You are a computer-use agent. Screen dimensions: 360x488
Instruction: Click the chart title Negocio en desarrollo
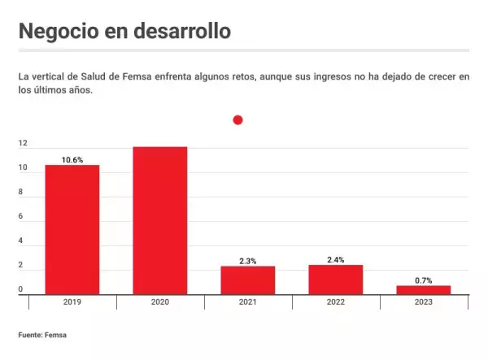coord(124,31)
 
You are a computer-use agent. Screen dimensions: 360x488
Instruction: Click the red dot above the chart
coord(237,120)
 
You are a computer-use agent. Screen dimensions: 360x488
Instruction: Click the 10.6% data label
coord(72,159)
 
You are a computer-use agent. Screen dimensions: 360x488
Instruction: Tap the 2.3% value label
coord(248,261)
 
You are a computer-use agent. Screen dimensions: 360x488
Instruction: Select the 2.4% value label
coord(336,260)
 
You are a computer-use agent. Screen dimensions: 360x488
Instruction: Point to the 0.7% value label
coord(423,280)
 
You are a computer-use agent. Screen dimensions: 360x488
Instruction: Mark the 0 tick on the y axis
coord(21,290)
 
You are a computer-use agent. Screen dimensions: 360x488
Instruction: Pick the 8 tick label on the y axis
coord(21,193)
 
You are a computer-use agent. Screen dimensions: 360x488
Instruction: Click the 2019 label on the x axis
coord(72,302)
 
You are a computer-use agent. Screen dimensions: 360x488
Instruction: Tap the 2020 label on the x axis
coord(160,302)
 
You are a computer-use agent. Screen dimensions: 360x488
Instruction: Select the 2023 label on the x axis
coord(423,302)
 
